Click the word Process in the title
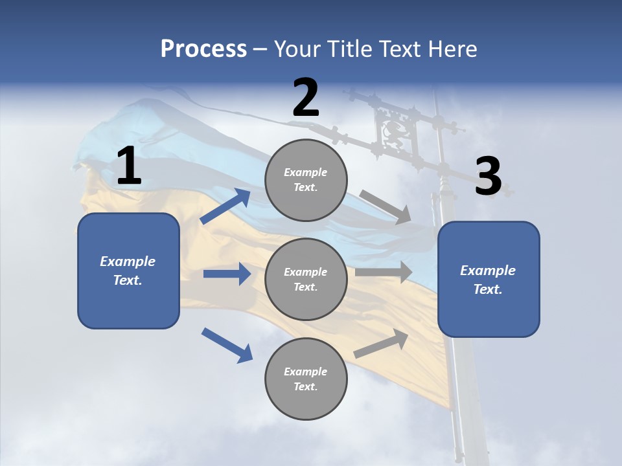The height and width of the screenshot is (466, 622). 203,49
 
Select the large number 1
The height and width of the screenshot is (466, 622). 129,166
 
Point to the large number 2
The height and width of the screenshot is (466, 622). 306,98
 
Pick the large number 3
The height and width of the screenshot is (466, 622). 488,177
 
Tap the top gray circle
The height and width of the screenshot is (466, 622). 306,180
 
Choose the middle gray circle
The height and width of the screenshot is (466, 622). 306,279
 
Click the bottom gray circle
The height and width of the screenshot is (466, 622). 306,379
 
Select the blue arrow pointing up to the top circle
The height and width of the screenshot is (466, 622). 225,206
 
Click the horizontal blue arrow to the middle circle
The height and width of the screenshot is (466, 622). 227,274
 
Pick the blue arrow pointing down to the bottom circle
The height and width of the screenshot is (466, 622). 227,345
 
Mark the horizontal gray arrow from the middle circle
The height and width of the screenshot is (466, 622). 384,272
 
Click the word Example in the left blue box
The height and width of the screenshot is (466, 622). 128,261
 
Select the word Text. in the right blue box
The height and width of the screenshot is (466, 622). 488,289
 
